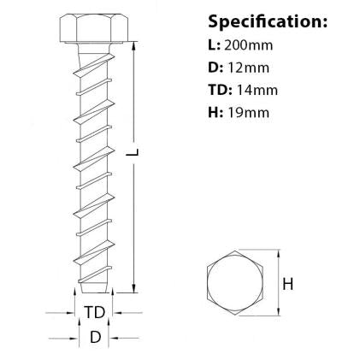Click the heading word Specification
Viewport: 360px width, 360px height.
266,21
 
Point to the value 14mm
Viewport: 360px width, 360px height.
259,90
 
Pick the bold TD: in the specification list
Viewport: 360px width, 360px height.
220,90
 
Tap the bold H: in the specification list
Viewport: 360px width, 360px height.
215,112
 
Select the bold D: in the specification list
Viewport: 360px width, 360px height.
215,67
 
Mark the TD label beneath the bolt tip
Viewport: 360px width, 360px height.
94,310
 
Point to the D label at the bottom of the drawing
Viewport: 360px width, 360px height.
95,338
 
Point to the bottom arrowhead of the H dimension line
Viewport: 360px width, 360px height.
278,313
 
